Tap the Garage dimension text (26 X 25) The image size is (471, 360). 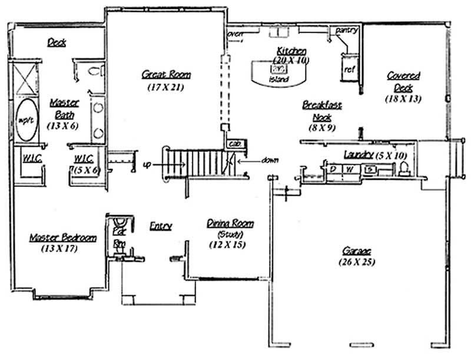pyautogui.click(x=357, y=261)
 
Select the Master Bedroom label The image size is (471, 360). pyautogui.click(x=63, y=237)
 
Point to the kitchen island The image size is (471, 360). pyautogui.click(x=280, y=72)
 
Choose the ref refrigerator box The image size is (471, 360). pyautogui.click(x=349, y=69)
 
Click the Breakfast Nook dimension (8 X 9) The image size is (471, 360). pyautogui.click(x=321, y=127)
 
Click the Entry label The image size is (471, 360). pyautogui.click(x=160, y=226)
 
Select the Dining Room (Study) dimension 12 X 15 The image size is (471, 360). pyautogui.click(x=230, y=245)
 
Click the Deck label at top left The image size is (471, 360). pyautogui.click(x=57, y=42)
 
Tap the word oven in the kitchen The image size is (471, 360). pyautogui.click(x=235, y=34)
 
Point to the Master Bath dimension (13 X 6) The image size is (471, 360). pyautogui.click(x=64, y=125)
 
